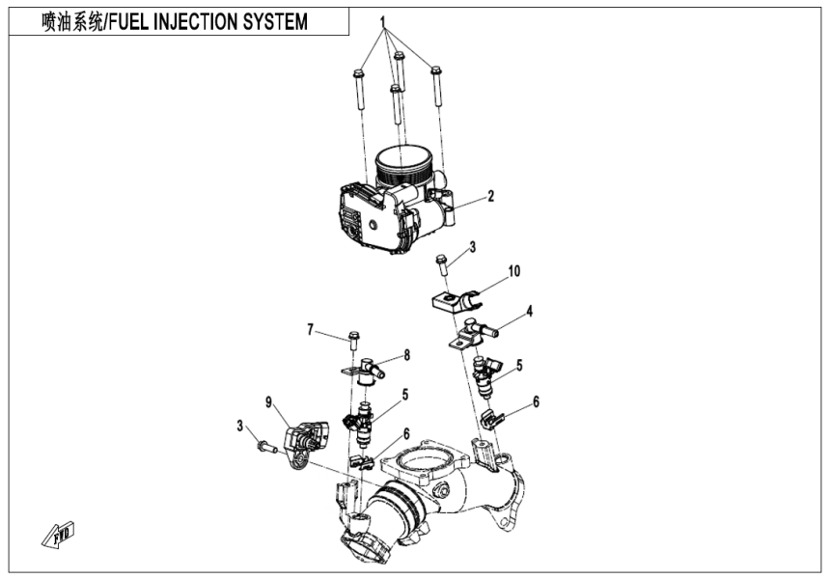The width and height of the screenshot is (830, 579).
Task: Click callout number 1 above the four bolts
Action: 382,20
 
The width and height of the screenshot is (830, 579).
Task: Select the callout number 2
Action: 490,197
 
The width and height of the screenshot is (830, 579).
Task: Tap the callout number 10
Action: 514,272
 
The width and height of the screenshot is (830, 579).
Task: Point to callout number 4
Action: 530,312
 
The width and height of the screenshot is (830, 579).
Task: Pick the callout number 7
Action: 311,331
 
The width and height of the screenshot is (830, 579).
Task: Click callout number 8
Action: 406,355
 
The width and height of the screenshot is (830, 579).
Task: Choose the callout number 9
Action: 270,399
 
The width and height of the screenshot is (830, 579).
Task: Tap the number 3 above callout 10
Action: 473,248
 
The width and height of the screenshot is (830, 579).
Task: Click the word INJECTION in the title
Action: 195,21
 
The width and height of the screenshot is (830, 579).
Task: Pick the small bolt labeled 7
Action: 353,339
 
